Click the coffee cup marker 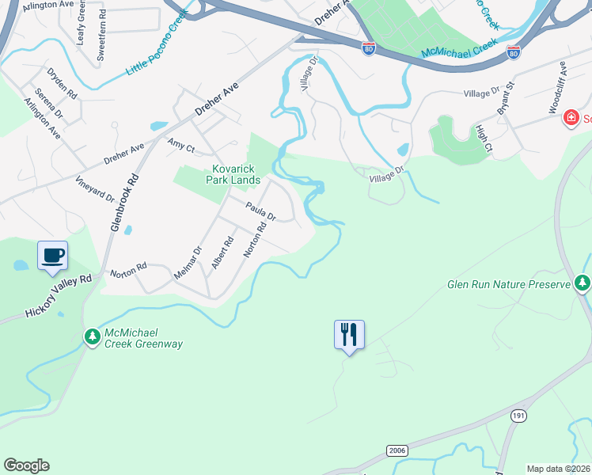coord(53,256)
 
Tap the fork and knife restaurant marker coord(349,333)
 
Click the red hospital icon coord(570,119)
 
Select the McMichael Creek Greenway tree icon coord(93,337)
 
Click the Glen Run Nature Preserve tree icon coord(583,283)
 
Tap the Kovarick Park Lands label coord(233,174)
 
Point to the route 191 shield coord(518,416)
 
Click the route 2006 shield coord(397,450)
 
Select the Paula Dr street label coord(260,211)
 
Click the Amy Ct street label coord(181,144)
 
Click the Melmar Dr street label coord(188,262)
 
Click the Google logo coord(26,465)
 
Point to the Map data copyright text coord(559,469)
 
